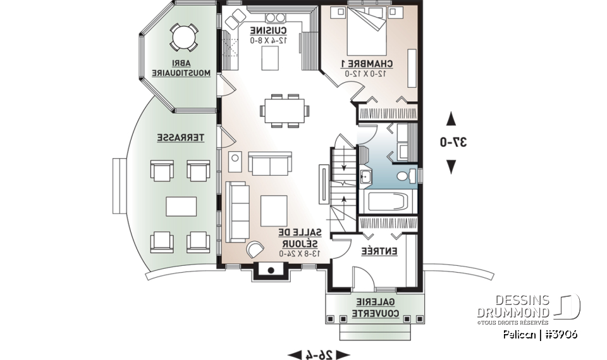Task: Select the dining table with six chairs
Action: tap(285, 111)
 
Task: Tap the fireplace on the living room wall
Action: tap(270, 271)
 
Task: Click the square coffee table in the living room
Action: tap(274, 209)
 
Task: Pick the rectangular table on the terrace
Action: tap(180, 206)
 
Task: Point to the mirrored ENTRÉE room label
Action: tap(379, 251)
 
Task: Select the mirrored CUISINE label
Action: tap(269, 30)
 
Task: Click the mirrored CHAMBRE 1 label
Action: tap(367, 63)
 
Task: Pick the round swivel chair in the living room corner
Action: tap(255, 249)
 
